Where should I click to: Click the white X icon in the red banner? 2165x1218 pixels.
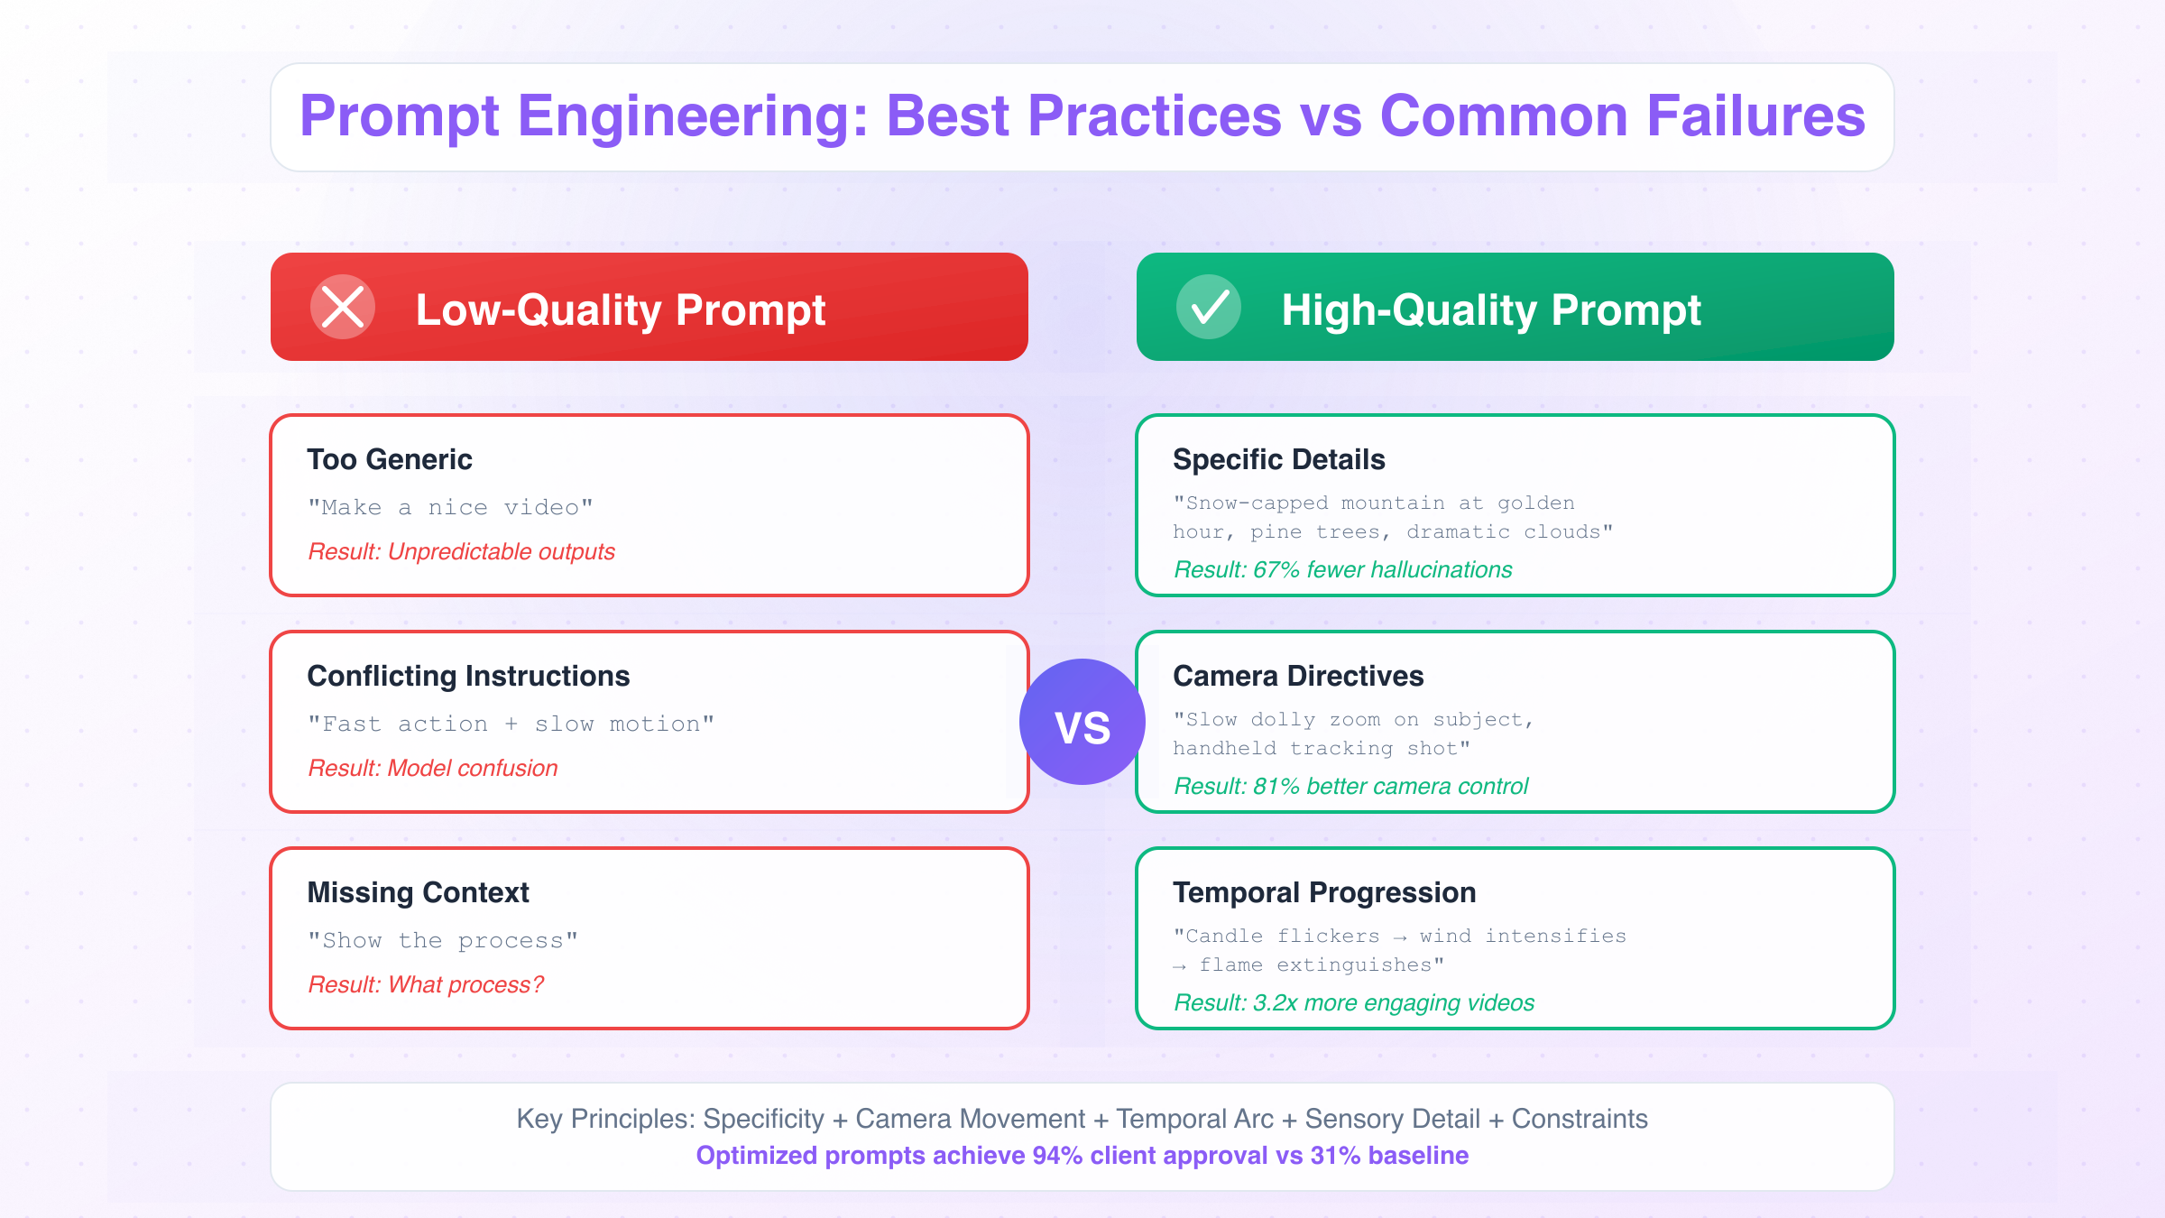click(x=343, y=307)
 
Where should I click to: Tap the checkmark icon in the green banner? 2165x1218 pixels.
click(x=1209, y=307)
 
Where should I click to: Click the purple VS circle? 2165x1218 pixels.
click(x=1082, y=722)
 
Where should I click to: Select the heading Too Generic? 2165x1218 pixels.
click(x=389, y=459)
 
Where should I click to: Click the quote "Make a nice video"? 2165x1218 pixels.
click(x=450, y=507)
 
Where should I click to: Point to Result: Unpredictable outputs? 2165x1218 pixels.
click(x=461, y=551)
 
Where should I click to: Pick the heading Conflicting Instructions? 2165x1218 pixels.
click(x=468, y=676)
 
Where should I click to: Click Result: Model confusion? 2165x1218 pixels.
click(x=432, y=768)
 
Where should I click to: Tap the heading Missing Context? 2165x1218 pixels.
click(x=418, y=892)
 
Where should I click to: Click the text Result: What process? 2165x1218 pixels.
click(x=426, y=984)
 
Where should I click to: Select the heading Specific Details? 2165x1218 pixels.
click(x=1278, y=459)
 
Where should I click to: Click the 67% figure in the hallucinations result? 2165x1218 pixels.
click(x=1276, y=569)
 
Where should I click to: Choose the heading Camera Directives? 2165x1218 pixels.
click(x=1297, y=676)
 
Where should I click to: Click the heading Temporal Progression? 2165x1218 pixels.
click(x=1323, y=892)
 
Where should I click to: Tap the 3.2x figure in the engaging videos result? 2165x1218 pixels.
click(x=1276, y=1002)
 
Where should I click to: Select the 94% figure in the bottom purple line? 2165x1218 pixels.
click(x=1057, y=1156)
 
